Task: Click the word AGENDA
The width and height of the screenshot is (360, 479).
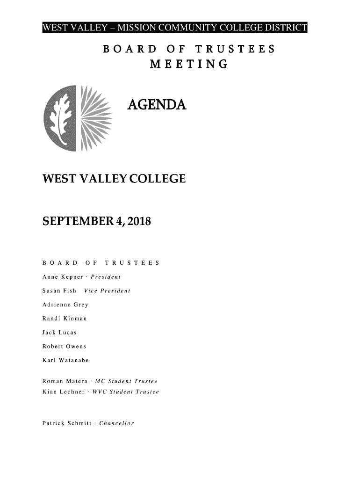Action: (x=157, y=106)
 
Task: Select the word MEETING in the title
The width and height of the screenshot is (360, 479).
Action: (x=188, y=64)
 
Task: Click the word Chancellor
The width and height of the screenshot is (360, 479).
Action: (x=115, y=424)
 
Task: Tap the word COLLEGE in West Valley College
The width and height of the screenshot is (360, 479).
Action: (x=155, y=179)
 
